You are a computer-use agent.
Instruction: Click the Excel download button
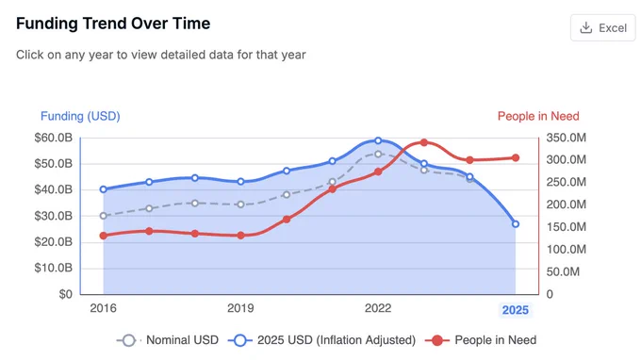[603, 27]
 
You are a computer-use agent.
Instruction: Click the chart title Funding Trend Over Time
[113, 24]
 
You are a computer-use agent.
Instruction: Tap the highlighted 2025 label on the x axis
[515, 310]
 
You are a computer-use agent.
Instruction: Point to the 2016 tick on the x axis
[103, 308]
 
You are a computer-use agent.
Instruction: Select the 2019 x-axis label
[240, 308]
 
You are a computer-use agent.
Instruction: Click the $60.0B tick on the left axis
[53, 138]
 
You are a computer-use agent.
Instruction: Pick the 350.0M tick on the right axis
[567, 138]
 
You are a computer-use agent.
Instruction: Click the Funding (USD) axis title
[80, 116]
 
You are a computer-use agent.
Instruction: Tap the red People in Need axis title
[538, 116]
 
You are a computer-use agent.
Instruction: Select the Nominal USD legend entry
[168, 340]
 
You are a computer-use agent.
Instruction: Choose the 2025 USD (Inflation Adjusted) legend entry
[321, 340]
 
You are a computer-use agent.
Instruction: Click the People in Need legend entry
[481, 340]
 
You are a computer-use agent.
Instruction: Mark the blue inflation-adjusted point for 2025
[516, 224]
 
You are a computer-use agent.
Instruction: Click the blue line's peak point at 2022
[378, 140]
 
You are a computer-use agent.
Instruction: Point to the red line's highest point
[424, 142]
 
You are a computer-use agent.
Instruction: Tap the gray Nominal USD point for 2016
[104, 216]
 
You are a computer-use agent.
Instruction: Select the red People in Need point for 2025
[516, 157]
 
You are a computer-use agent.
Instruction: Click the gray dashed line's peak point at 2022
[378, 154]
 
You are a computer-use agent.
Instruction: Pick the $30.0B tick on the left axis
[53, 216]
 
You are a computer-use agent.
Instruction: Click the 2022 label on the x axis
[378, 308]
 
